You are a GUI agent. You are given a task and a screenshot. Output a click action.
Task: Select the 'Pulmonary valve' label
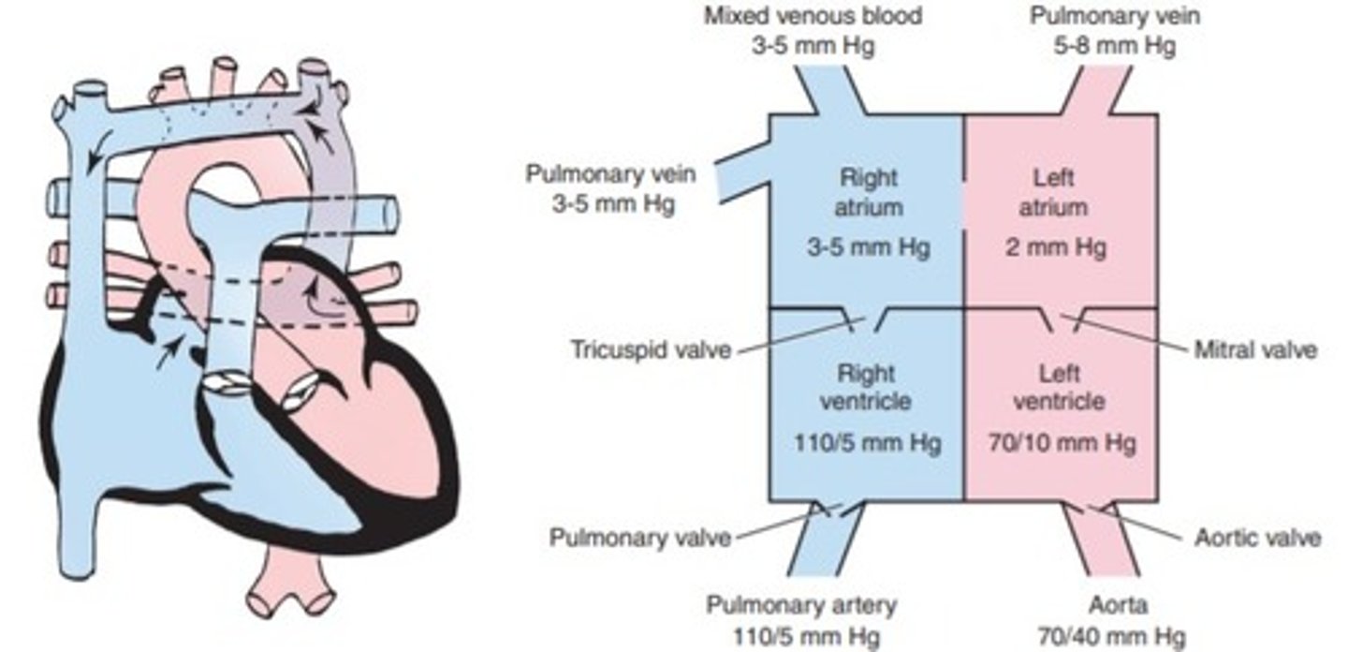(639, 538)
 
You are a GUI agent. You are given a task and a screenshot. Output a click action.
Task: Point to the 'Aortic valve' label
(1257, 538)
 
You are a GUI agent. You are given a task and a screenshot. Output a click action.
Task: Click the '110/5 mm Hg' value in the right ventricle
(868, 440)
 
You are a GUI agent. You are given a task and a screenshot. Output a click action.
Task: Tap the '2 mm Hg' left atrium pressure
(1060, 248)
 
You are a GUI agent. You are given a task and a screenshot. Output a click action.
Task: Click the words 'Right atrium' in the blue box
(868, 191)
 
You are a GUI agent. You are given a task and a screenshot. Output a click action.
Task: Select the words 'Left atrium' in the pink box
(1060, 191)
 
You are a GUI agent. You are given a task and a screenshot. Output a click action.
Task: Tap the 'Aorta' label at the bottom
(1115, 606)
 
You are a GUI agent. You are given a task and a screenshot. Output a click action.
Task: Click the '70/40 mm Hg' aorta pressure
(1115, 636)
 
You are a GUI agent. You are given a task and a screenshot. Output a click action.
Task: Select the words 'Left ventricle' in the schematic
(1060, 387)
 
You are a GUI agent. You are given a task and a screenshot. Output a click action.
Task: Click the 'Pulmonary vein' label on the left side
(599, 174)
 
